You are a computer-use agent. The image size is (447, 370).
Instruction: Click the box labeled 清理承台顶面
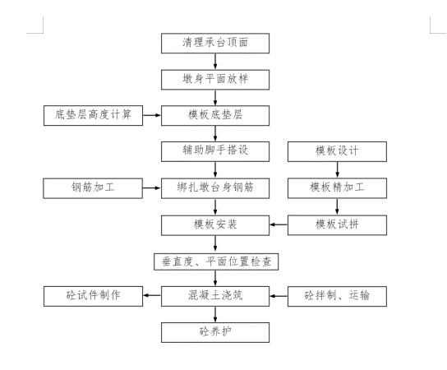214,43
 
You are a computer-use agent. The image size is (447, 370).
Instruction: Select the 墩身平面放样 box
214,79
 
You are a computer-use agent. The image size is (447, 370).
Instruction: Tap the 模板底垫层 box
214,115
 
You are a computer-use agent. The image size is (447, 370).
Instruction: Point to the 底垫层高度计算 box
93,115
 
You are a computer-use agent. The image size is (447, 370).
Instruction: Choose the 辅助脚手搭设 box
214,152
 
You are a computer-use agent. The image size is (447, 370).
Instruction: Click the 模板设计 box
336,152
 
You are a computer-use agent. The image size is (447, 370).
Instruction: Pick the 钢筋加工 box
93,188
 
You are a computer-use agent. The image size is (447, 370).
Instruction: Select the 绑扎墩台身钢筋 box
214,188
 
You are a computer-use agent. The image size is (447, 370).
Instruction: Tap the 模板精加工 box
336,188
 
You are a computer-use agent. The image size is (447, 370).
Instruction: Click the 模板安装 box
214,224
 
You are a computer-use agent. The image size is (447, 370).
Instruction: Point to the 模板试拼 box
336,224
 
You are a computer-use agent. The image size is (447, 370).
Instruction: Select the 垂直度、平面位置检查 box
214,261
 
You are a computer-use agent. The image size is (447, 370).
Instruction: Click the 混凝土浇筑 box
214,295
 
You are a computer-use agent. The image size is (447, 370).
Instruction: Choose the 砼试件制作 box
93,295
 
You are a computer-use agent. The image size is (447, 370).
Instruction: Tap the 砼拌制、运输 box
336,295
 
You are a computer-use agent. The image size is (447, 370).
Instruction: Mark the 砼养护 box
214,331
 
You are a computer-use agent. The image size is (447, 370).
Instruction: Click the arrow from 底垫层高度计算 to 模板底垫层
152,115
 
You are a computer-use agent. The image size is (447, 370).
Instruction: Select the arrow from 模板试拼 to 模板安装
278,224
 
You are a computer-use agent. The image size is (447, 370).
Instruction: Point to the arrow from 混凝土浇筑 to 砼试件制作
152,295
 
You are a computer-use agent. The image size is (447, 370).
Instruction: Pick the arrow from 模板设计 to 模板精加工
336,170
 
